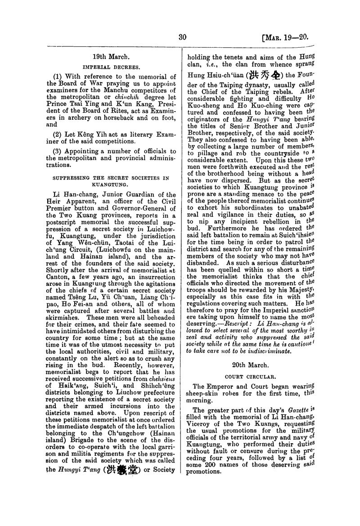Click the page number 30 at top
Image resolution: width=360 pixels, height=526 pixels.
182,37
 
